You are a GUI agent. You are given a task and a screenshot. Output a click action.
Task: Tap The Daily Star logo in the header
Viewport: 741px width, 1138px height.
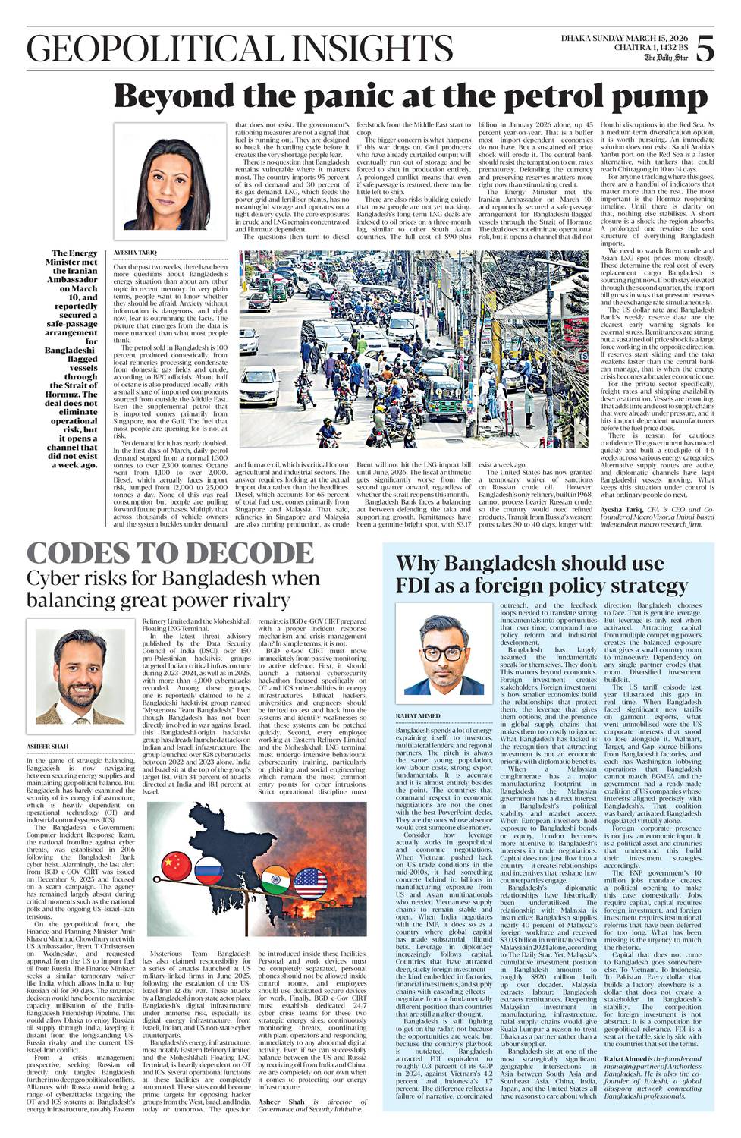click(x=667, y=58)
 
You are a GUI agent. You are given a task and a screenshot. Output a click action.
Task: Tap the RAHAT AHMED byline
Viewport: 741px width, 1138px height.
click(x=419, y=715)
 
